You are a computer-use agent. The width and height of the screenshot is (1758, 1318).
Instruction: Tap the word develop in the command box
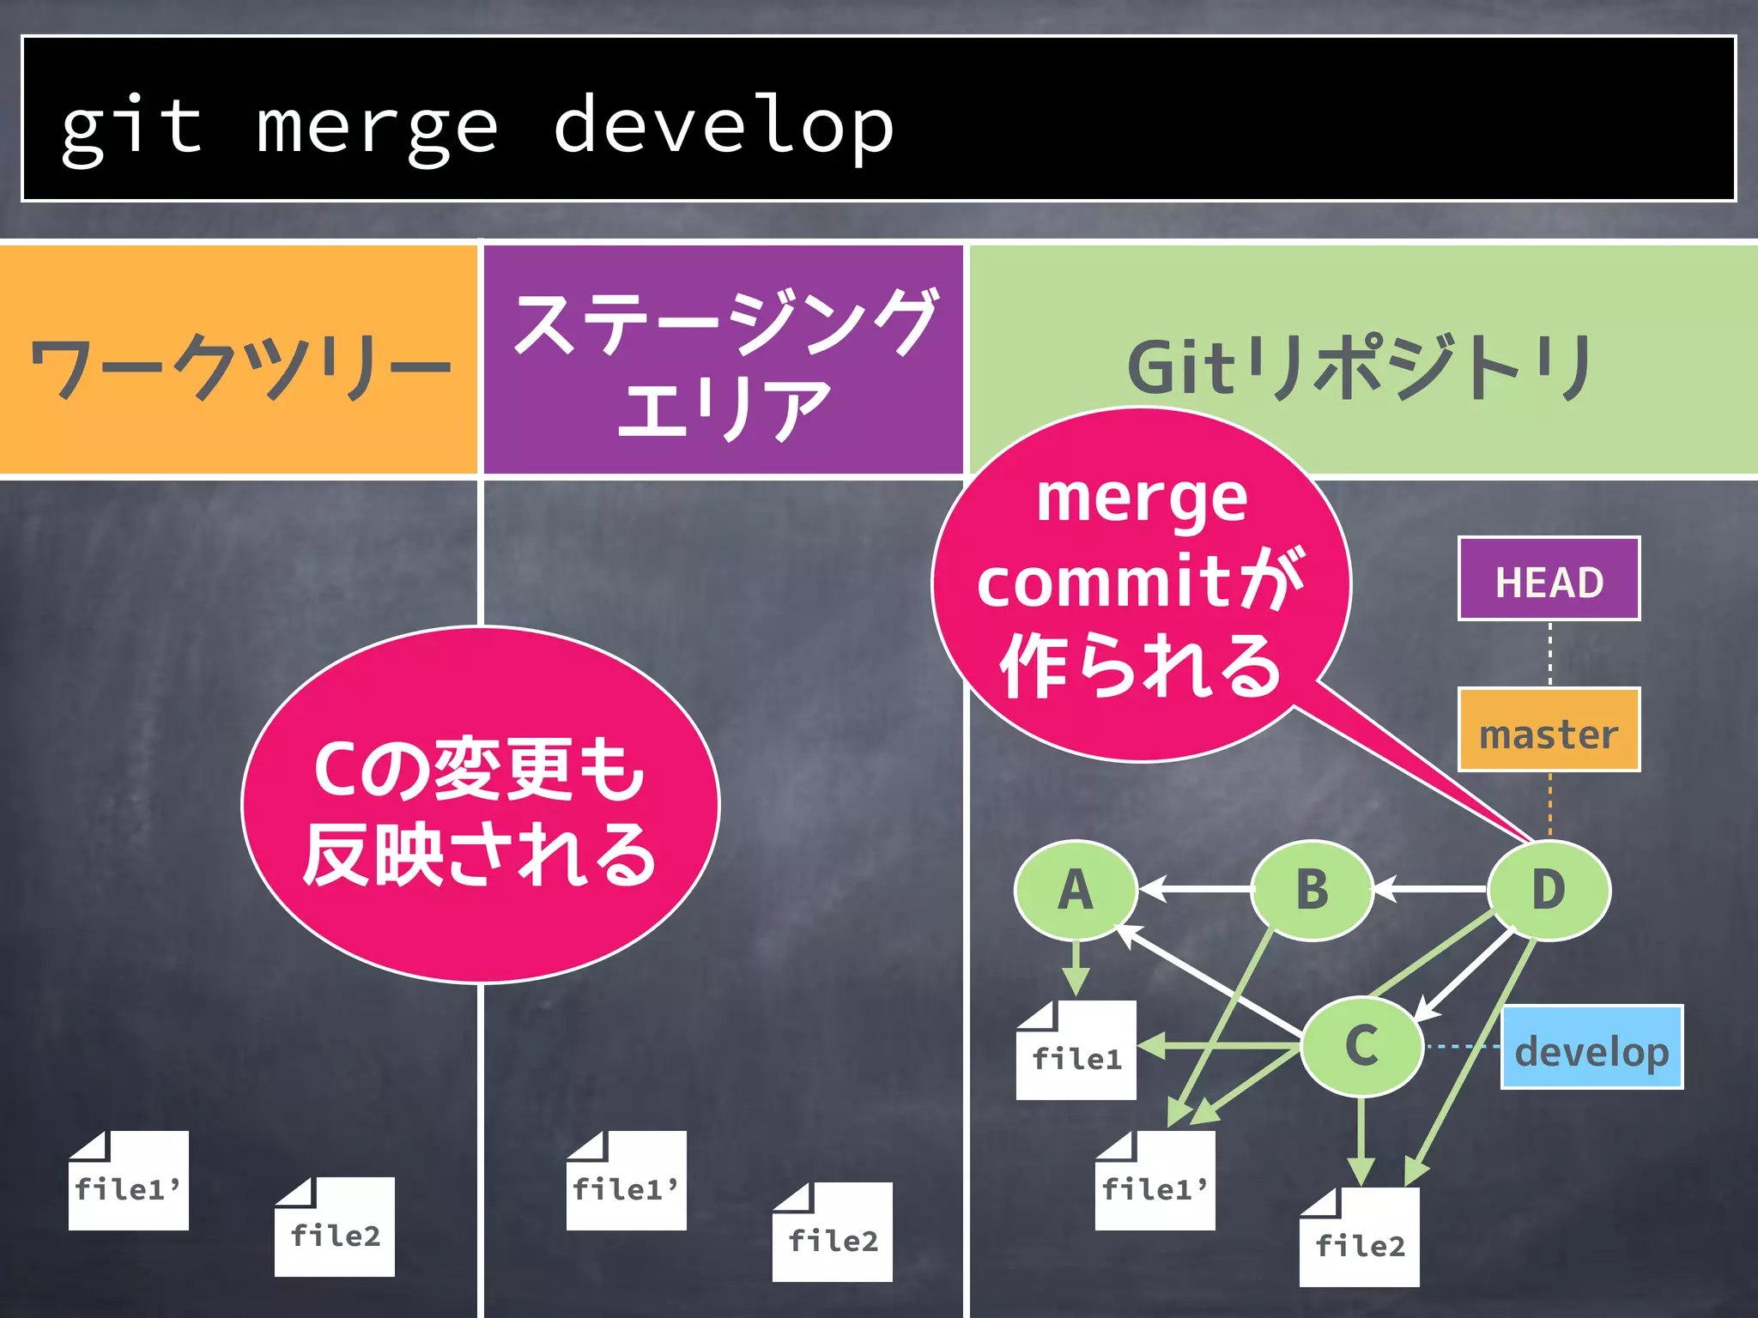[x=723, y=127]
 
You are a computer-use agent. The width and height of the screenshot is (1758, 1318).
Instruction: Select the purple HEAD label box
[x=1549, y=580]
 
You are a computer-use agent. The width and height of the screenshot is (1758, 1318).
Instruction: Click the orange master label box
[x=1549, y=731]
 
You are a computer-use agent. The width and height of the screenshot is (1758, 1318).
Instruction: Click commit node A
[x=1076, y=890]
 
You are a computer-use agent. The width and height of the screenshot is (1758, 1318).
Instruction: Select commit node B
[x=1312, y=890]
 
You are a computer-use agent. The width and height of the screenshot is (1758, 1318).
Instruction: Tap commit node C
[x=1361, y=1047]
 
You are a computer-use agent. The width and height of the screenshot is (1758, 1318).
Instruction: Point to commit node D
[x=1549, y=890]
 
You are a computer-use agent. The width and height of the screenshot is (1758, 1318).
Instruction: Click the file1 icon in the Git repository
[x=1076, y=1052]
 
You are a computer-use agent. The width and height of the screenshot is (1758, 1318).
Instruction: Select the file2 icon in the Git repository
[x=1360, y=1238]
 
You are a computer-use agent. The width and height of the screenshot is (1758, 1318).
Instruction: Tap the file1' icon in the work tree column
[x=129, y=1182]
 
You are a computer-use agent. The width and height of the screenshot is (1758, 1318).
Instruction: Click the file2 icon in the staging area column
[x=832, y=1233]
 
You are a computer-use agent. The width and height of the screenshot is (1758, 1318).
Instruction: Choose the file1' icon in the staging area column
[x=626, y=1182]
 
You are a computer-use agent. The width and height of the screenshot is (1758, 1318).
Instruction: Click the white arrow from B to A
[x=1195, y=889]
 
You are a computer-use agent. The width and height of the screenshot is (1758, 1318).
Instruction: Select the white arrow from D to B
[x=1430, y=889]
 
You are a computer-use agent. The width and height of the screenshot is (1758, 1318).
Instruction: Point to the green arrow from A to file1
[x=1076, y=968]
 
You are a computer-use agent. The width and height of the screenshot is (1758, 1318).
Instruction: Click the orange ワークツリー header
[x=238, y=360]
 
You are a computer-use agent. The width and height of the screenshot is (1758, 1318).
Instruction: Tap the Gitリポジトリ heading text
[x=1361, y=367]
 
